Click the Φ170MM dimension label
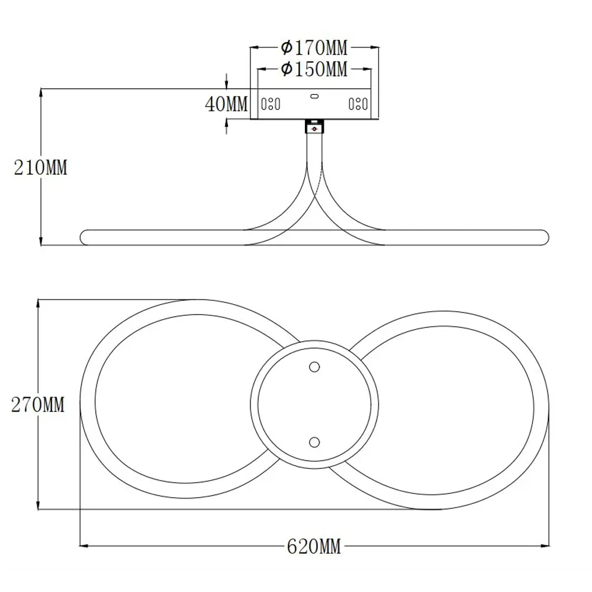(x=314, y=48)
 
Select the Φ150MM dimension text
(x=314, y=69)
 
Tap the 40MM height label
(x=226, y=104)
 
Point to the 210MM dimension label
(x=40, y=168)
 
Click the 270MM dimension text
(x=38, y=405)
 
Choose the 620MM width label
(x=314, y=546)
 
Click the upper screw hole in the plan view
(x=314, y=366)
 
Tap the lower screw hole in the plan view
(x=314, y=442)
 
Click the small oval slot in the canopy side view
(x=314, y=96)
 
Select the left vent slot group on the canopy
(x=271, y=104)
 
